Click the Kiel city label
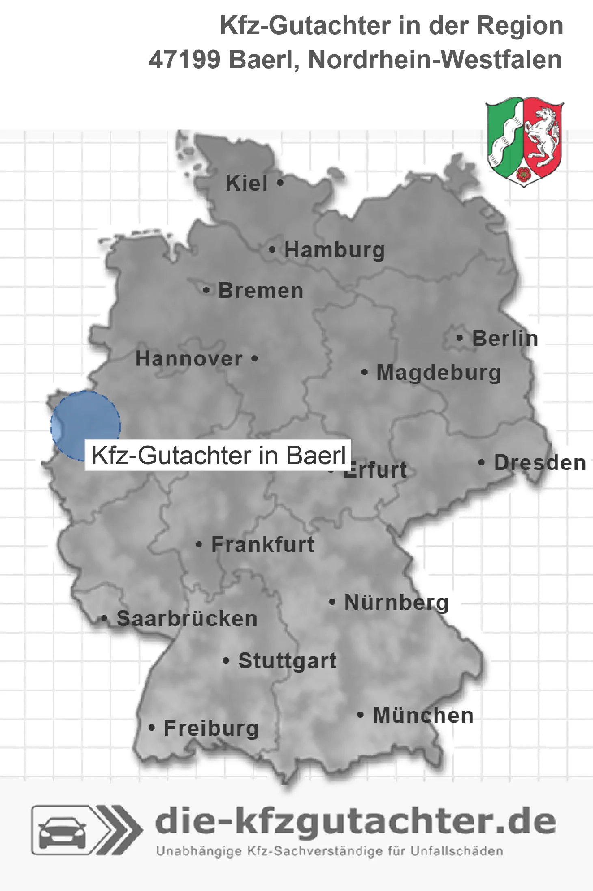tap(246, 183)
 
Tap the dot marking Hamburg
tap(272, 250)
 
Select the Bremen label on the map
tap(260, 291)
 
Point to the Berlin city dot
tap(459, 338)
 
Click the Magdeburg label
tap(438, 372)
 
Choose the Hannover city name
tap(189, 359)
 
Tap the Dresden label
tap(539, 463)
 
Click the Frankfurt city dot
tap(199, 544)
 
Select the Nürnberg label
tap(396, 602)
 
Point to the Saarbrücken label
tap(187, 619)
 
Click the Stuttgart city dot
tap(226, 660)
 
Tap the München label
tap(423, 715)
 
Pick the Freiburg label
tap(211, 728)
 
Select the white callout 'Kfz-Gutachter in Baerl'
tap(218, 455)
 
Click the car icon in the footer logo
tap(62, 831)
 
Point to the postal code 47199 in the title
tap(184, 60)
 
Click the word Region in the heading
tap(519, 26)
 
